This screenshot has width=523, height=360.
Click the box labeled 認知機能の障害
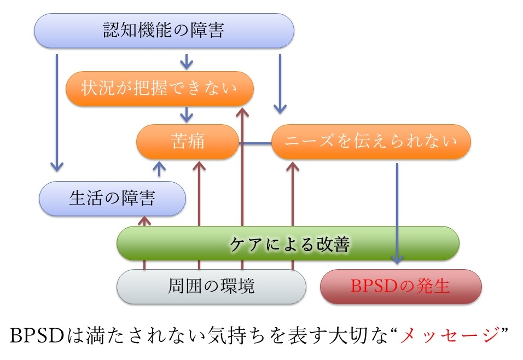164,31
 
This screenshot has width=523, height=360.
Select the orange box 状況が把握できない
159,89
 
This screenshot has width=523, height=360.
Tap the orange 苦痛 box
188,142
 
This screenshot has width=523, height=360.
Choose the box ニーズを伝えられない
371,142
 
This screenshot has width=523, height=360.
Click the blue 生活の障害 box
112,199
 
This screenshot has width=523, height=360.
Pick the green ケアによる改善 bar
288,243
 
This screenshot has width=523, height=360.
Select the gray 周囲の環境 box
211,287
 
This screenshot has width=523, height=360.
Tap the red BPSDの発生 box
400,287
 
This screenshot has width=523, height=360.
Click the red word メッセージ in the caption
450,335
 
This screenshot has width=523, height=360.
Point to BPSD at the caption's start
37,335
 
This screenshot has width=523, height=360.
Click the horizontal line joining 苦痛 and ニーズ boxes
255,143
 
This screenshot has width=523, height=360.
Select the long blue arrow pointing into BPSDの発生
397,213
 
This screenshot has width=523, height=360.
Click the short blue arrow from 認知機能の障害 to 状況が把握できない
187,62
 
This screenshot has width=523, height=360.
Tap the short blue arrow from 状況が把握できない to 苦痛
187,114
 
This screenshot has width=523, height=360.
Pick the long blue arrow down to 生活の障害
57,113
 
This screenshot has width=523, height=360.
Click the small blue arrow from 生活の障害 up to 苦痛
159,169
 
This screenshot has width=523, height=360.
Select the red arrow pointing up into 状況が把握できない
242,189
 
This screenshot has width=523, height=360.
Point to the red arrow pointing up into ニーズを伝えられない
293,216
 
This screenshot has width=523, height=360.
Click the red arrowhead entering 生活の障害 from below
144,220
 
